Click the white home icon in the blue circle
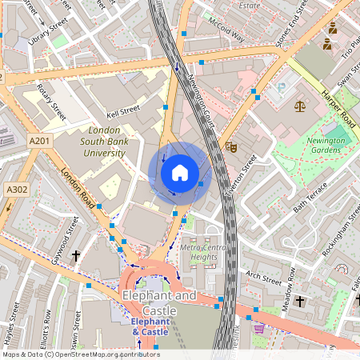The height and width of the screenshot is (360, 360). point(180,172)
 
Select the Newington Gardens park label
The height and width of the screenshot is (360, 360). point(324,145)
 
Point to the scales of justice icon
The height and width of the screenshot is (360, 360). point(300,105)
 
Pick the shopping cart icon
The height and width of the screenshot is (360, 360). point(258,328)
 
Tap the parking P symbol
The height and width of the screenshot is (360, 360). point(282,86)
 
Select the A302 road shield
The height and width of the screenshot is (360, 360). point(15,190)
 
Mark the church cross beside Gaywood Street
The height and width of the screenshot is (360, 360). point(77,256)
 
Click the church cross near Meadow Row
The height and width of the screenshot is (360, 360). point(300,302)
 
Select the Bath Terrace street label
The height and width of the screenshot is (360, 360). point(310,197)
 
